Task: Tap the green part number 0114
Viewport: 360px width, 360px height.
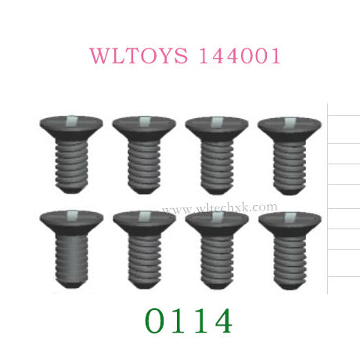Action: pos(189,321)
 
